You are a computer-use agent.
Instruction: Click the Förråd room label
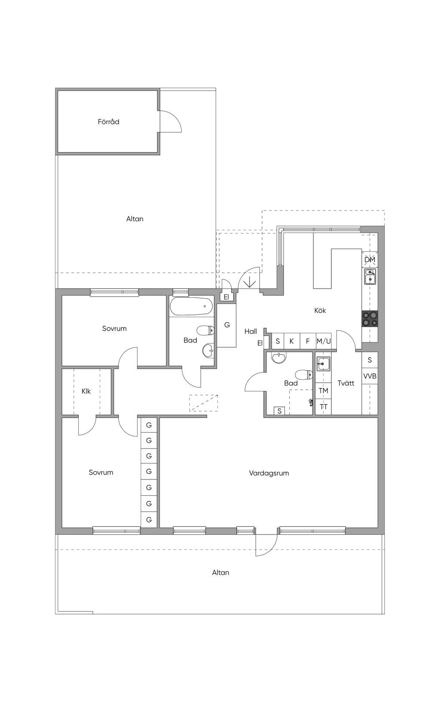pyautogui.click(x=108, y=122)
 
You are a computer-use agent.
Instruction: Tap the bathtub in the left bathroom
pyautogui.click(x=191, y=306)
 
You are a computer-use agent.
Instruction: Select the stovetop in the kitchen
pyautogui.click(x=370, y=319)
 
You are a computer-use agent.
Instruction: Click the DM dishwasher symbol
pyautogui.click(x=370, y=259)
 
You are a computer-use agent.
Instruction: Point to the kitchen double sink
pyautogui.click(x=370, y=276)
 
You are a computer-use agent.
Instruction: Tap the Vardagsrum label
pyautogui.click(x=269, y=473)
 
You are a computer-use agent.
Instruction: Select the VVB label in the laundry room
pyautogui.click(x=370, y=376)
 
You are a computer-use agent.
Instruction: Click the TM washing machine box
pyautogui.click(x=324, y=391)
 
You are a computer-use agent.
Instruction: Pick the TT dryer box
pyautogui.click(x=324, y=407)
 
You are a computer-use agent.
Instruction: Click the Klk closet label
pyautogui.click(x=86, y=391)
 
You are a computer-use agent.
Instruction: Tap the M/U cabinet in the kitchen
pyautogui.click(x=324, y=341)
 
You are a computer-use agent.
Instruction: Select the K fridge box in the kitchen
pyautogui.click(x=292, y=341)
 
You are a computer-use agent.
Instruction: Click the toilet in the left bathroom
pyautogui.click(x=205, y=330)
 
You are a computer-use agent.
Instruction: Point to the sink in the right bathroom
pyautogui.click(x=279, y=357)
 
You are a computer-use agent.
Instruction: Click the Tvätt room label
pyautogui.click(x=346, y=383)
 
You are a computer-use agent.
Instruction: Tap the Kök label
pyautogui.click(x=320, y=310)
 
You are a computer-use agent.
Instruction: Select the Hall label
pyautogui.click(x=251, y=331)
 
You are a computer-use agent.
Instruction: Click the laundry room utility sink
pyautogui.click(x=323, y=364)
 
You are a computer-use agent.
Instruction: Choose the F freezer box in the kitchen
pyautogui.click(x=308, y=341)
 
